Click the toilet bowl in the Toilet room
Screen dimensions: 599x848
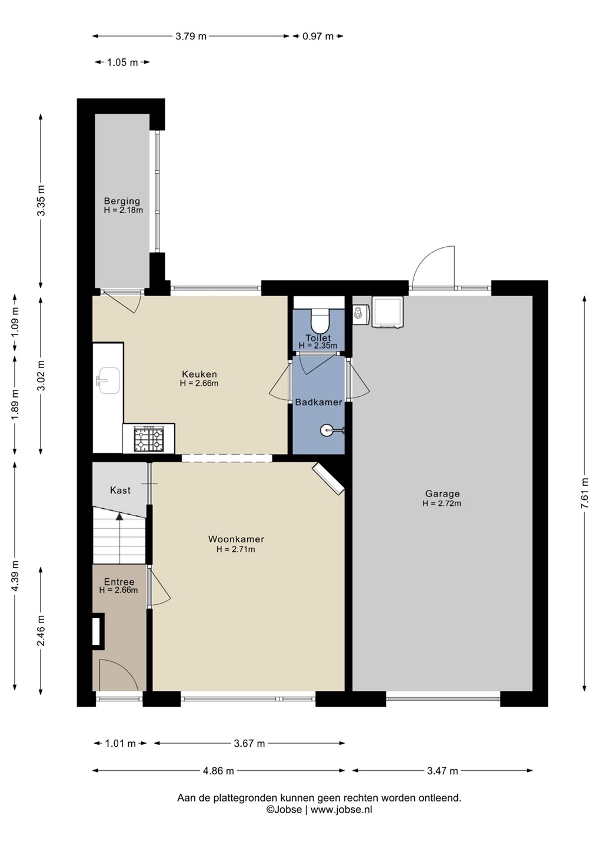[x=320, y=320]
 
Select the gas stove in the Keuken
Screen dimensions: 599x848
[x=149, y=439]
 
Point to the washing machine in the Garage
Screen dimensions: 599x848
[x=387, y=312]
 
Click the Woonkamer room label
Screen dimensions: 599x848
[x=236, y=539]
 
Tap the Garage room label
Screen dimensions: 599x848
[x=442, y=493]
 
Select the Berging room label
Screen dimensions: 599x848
[x=122, y=201]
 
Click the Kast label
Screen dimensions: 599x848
[x=120, y=490]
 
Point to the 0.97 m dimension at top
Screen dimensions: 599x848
[x=318, y=37]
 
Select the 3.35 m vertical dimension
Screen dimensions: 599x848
[x=41, y=200]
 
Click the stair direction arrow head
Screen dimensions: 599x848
[x=119, y=516]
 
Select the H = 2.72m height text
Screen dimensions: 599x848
[x=442, y=503]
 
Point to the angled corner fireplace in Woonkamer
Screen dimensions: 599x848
[x=328, y=479]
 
